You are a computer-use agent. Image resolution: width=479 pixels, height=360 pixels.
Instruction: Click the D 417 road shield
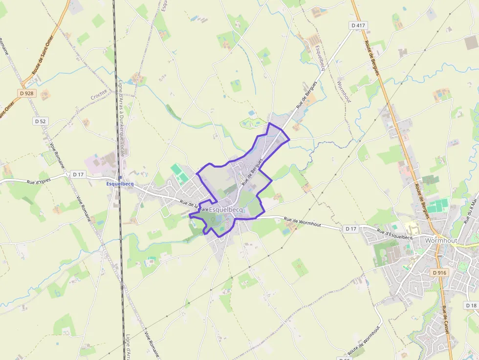[358, 25]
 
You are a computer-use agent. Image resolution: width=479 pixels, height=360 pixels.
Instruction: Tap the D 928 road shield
[27, 93]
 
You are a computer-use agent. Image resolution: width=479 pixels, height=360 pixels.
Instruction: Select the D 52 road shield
[40, 121]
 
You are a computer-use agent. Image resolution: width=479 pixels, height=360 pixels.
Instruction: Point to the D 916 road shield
[440, 273]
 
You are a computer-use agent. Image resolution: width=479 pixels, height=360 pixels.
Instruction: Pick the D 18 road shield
[471, 305]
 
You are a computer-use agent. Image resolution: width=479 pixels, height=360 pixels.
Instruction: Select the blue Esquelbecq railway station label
[120, 184]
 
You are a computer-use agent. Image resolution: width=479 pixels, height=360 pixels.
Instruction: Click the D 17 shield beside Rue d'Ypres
[78, 174]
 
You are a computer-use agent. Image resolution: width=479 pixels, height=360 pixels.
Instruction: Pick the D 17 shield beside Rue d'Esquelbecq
[350, 229]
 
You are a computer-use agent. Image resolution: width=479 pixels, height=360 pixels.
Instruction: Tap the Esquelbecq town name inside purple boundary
[226, 210]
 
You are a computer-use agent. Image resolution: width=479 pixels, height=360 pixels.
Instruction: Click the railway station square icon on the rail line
[120, 177]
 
